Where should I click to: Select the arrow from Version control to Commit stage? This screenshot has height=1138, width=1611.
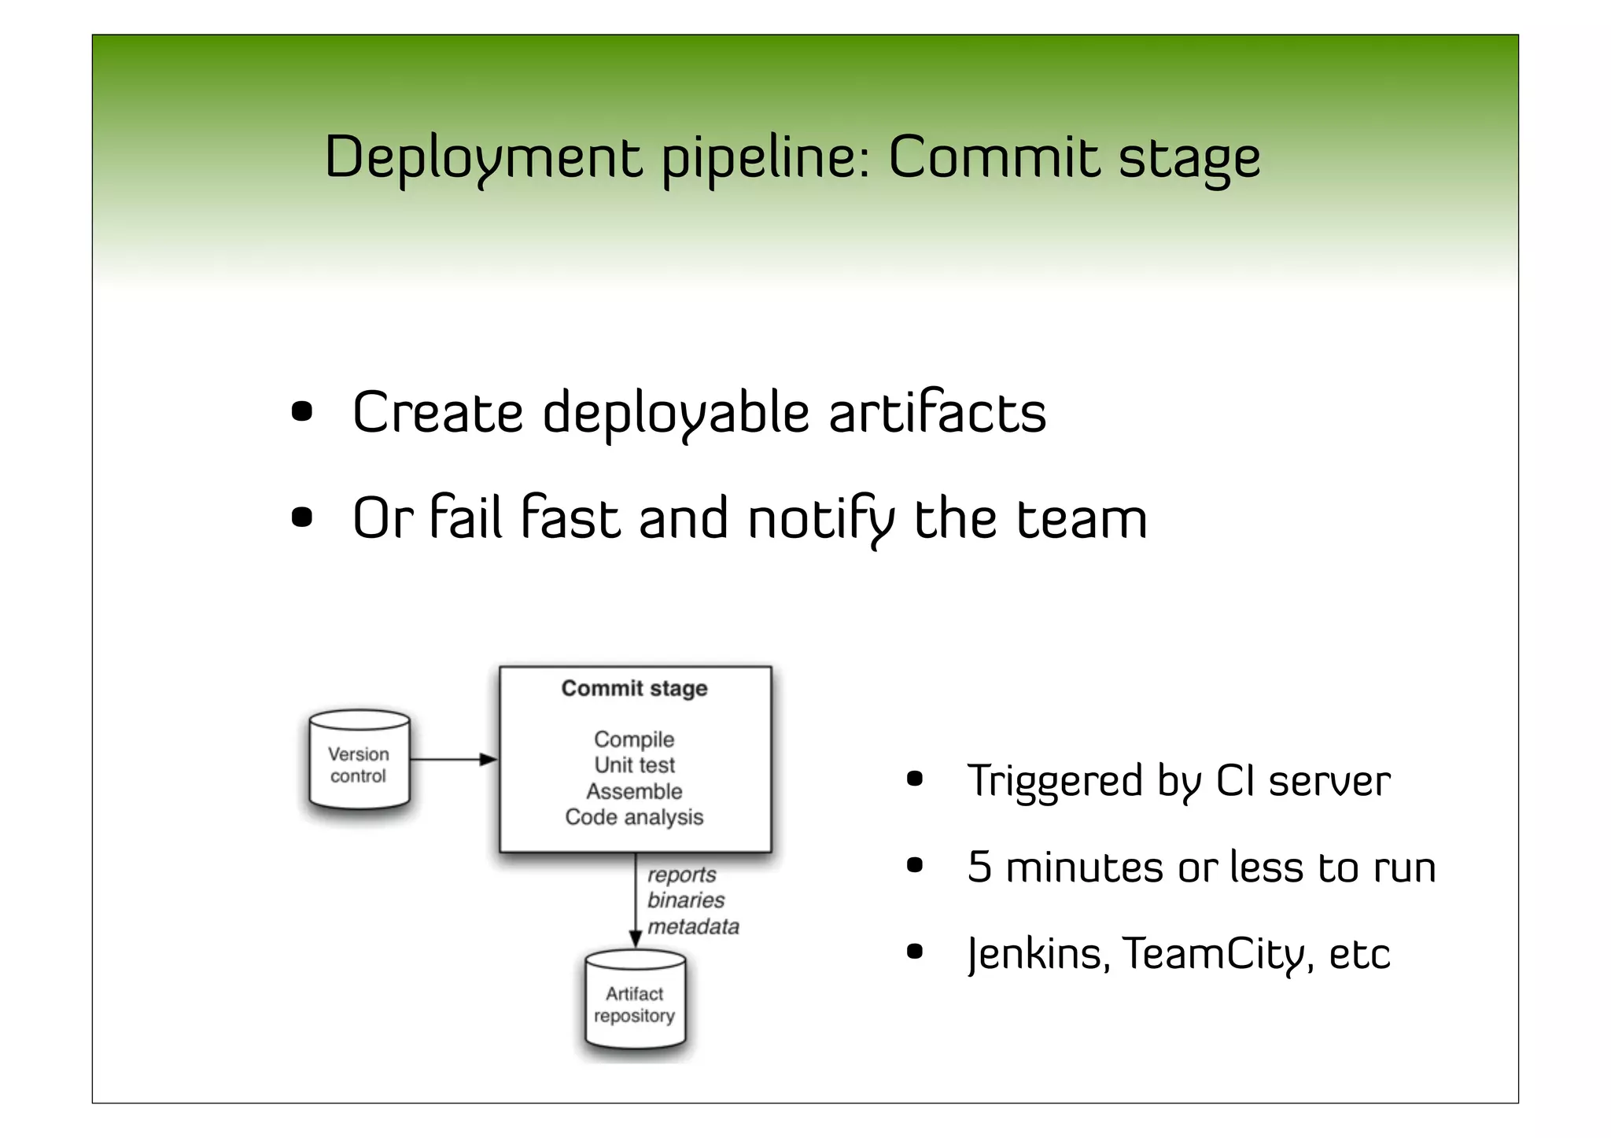452,760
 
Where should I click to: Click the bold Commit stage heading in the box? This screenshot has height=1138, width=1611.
634,689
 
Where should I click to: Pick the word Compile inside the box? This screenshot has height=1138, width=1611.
634,739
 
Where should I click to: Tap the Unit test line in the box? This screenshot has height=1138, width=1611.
634,765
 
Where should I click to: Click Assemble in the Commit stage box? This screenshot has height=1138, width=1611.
634,791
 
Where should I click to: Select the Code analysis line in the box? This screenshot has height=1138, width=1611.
634,817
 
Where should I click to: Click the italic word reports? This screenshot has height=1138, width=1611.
681,875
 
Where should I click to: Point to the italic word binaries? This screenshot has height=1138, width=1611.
685,900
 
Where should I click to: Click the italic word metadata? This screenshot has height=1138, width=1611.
692,927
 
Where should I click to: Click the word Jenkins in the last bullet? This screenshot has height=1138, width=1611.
1038,954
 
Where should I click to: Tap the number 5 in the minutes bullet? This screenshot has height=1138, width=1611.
979,867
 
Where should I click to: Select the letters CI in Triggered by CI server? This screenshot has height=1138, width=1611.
1235,782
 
